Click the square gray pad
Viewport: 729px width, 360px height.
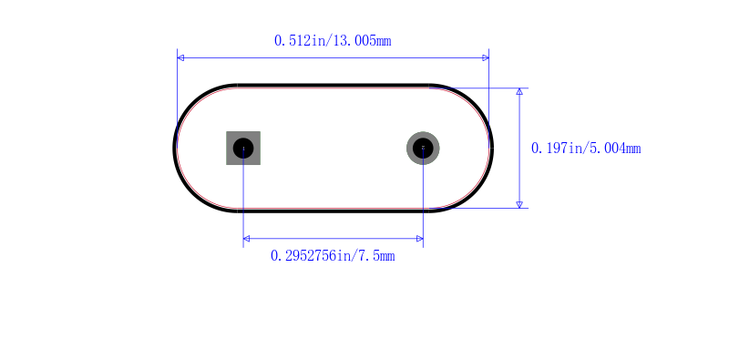click(x=243, y=148)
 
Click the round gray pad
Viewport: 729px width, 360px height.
click(x=423, y=148)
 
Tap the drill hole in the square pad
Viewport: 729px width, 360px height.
click(x=243, y=148)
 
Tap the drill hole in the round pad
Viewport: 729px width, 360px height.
click(x=423, y=148)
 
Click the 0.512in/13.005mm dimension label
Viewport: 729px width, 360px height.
click(x=333, y=41)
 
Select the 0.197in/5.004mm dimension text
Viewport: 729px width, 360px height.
click(x=586, y=149)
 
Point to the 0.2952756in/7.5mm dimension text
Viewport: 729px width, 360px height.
click(x=333, y=256)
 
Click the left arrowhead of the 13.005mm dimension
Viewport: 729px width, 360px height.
click(x=180, y=57)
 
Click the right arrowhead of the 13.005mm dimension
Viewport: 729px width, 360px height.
click(x=486, y=57)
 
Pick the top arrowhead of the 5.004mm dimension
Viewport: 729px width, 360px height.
click(x=519, y=91)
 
